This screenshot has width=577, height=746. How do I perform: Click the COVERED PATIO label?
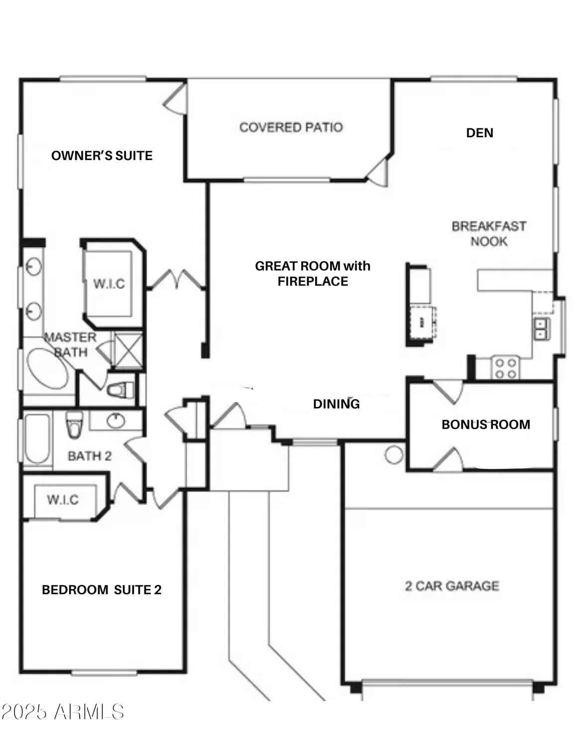click(x=291, y=127)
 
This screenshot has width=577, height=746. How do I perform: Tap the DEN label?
click(x=479, y=133)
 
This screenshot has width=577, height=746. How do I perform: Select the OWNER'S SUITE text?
click(x=102, y=156)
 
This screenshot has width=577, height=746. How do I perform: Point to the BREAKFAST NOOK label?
click(x=488, y=234)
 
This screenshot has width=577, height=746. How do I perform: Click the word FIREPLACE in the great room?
click(x=313, y=281)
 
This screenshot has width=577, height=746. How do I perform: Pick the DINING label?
click(x=336, y=404)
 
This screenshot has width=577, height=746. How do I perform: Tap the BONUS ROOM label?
click(x=485, y=424)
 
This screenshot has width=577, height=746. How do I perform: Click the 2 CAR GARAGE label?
click(x=452, y=586)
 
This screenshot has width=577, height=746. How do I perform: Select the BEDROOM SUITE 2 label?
click(x=102, y=590)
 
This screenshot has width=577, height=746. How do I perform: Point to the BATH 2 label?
click(x=90, y=456)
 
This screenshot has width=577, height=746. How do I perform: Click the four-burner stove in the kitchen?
click(x=505, y=368)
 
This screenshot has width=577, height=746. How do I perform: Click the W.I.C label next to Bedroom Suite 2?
click(x=63, y=499)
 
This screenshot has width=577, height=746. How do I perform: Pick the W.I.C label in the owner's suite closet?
click(x=109, y=284)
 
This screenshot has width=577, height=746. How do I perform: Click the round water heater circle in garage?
click(x=394, y=455)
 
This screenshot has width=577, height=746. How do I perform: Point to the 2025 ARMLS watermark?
click(x=63, y=712)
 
